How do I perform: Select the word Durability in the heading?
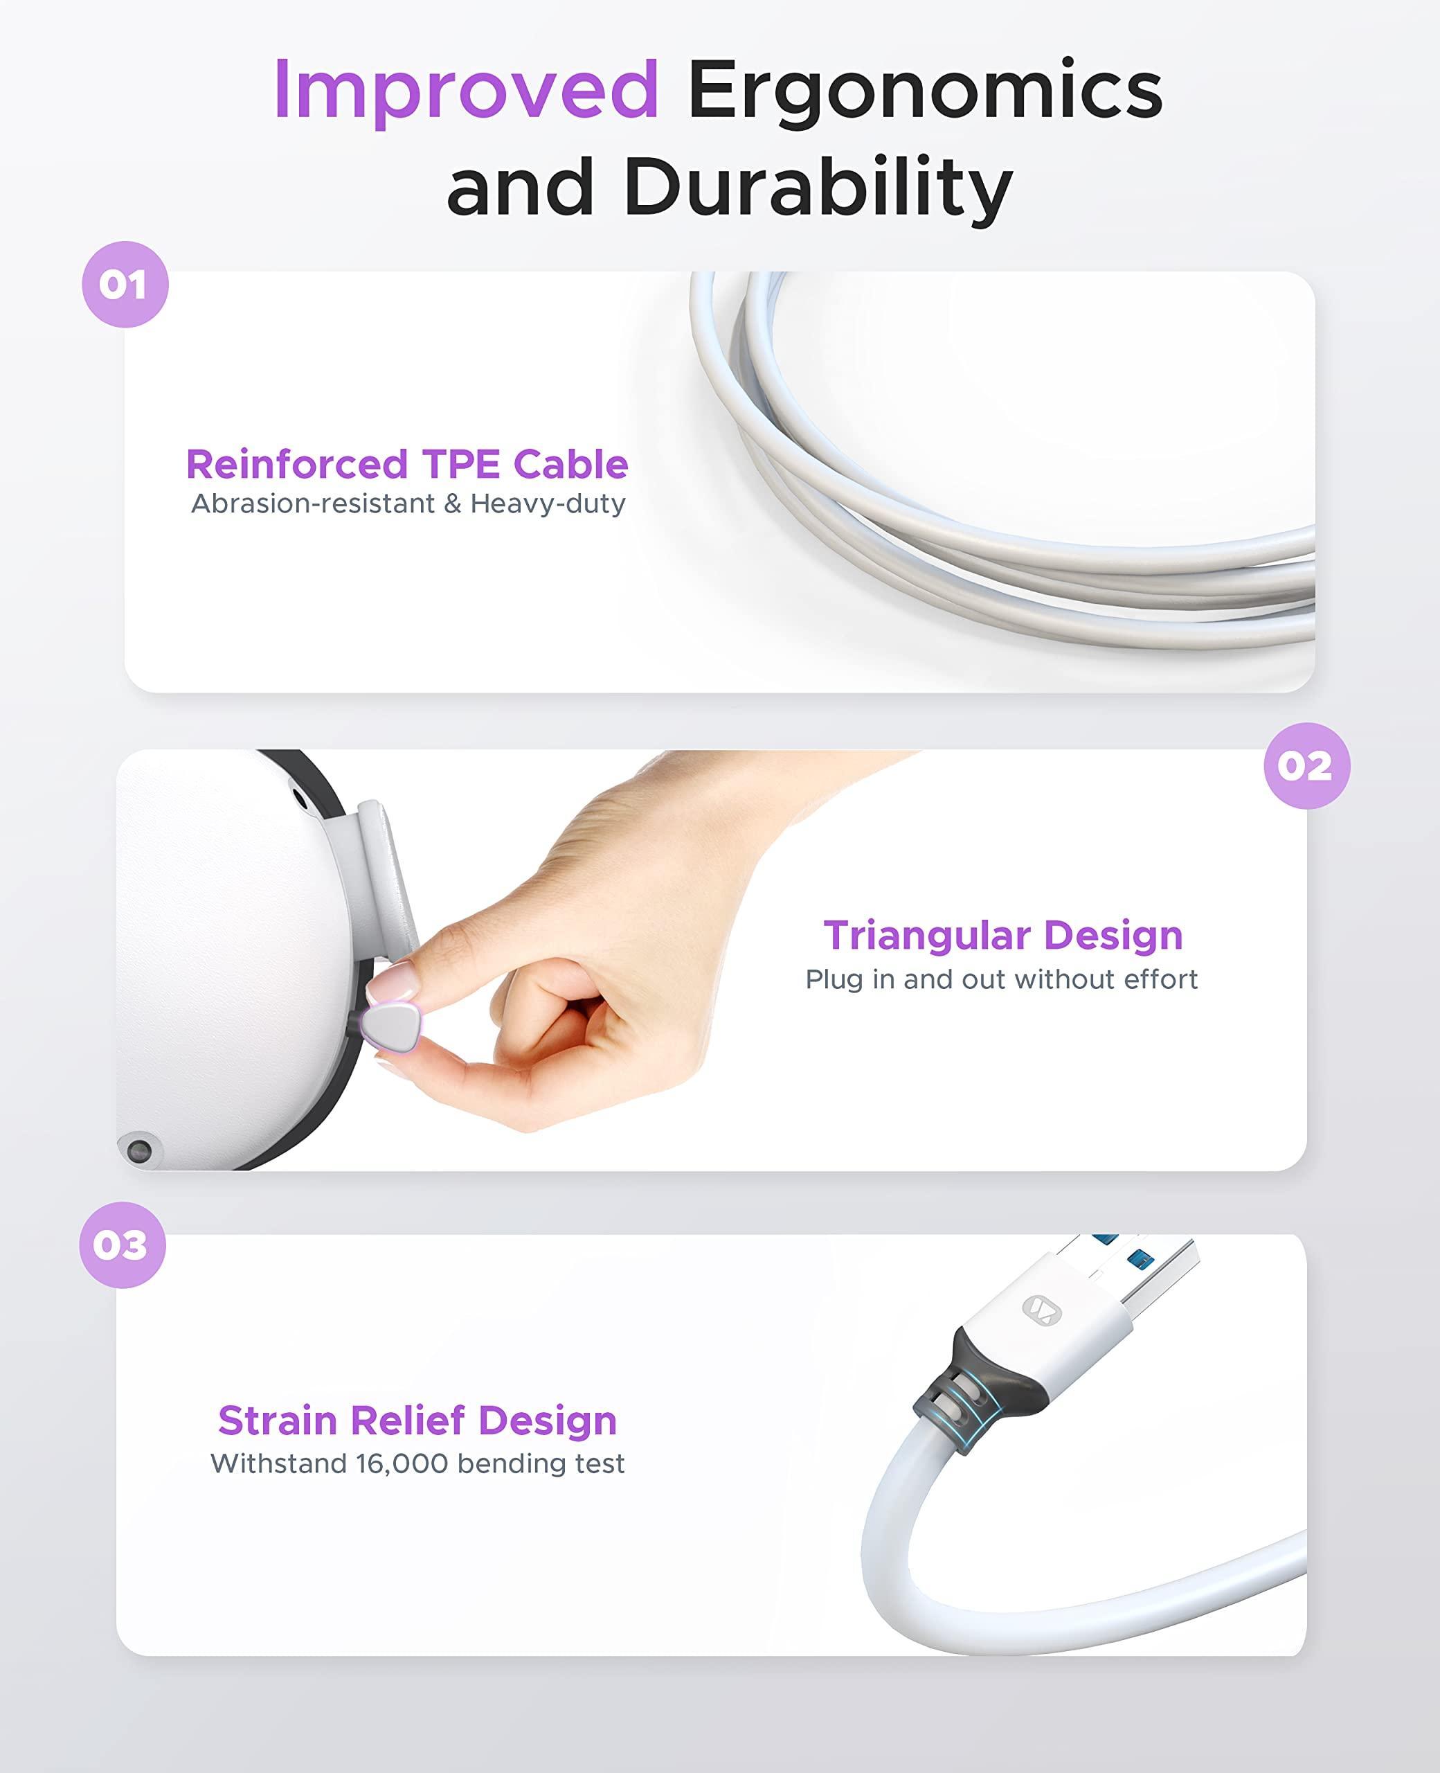[818, 188]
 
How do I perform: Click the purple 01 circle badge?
[125, 285]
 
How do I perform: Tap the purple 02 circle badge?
[1306, 766]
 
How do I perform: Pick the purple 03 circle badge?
[123, 1245]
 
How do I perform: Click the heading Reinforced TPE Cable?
[407, 464]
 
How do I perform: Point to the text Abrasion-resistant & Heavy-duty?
[408, 504]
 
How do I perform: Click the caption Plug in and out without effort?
[1002, 979]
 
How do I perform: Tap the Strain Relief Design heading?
[417, 1420]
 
